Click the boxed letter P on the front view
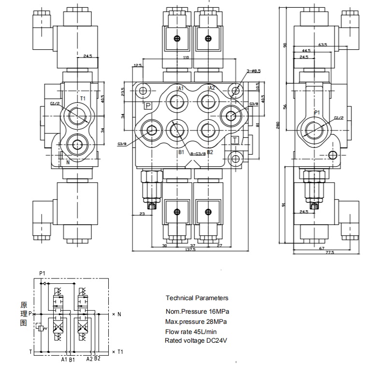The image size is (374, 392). click(148, 105)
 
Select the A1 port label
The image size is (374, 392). click(181, 88)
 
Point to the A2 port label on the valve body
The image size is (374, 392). click(212, 88)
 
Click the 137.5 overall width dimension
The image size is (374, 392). click(189, 249)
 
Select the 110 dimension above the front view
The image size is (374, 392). click(186, 58)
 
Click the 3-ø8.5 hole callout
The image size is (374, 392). click(254, 72)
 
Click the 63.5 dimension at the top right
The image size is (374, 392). click(323, 45)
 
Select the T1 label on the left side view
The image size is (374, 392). click(83, 99)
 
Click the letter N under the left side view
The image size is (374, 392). click(68, 162)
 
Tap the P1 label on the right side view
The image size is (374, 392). click(317, 113)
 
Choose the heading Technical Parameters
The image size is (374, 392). click(197, 298)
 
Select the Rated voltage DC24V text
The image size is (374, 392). click(196, 341)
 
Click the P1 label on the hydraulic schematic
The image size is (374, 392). click(42, 273)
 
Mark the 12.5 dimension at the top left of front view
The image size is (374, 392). click(137, 65)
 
